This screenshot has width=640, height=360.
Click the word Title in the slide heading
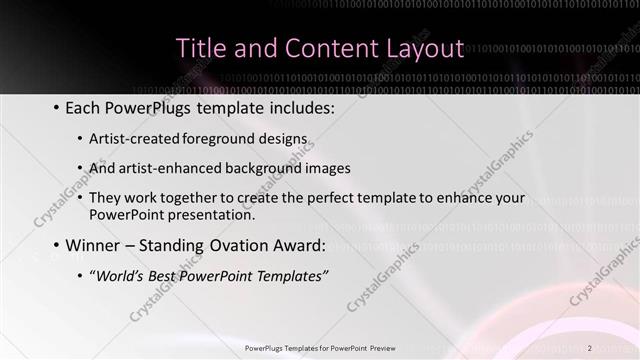(200, 48)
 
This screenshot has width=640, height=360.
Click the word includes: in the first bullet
(298, 107)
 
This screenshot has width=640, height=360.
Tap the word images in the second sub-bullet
(326, 168)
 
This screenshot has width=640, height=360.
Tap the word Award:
(296, 246)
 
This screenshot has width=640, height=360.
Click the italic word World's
(120, 276)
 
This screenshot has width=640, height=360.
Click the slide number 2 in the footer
(590, 347)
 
